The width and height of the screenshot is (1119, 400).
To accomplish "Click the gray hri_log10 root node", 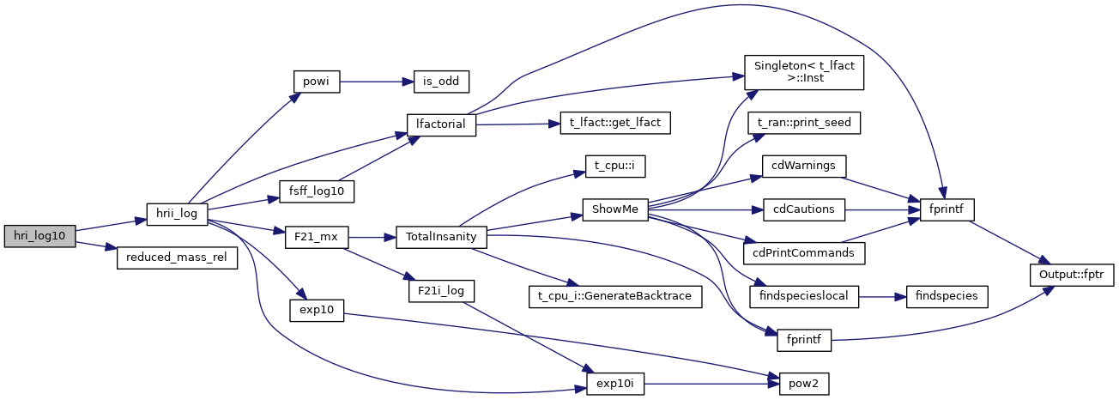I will click(x=39, y=234).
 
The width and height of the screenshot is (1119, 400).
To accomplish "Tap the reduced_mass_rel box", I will click(x=177, y=258).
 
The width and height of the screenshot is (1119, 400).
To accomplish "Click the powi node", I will click(x=317, y=82).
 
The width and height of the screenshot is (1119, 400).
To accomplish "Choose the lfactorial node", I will click(x=440, y=124).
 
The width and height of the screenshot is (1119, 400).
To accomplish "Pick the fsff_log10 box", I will click(x=317, y=191).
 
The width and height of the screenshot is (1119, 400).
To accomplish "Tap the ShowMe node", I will click(x=614, y=209).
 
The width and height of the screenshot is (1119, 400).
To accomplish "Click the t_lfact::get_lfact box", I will click(x=614, y=123).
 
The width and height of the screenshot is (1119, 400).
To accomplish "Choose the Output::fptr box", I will click(x=1072, y=275).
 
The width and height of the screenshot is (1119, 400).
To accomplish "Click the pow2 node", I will click(x=804, y=383).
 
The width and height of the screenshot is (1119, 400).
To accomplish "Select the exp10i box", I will click(x=614, y=383).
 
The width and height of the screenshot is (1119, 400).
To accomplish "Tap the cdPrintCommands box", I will click(x=804, y=253).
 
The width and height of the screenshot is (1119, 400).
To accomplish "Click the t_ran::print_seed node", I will click(x=804, y=123).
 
